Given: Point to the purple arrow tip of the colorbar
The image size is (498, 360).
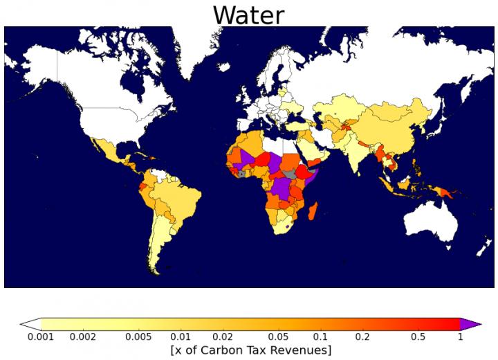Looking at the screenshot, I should point(472,323).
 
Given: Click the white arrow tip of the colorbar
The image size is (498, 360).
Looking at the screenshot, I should point(30,323).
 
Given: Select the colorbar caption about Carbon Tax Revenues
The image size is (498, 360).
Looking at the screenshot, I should point(250,350).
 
